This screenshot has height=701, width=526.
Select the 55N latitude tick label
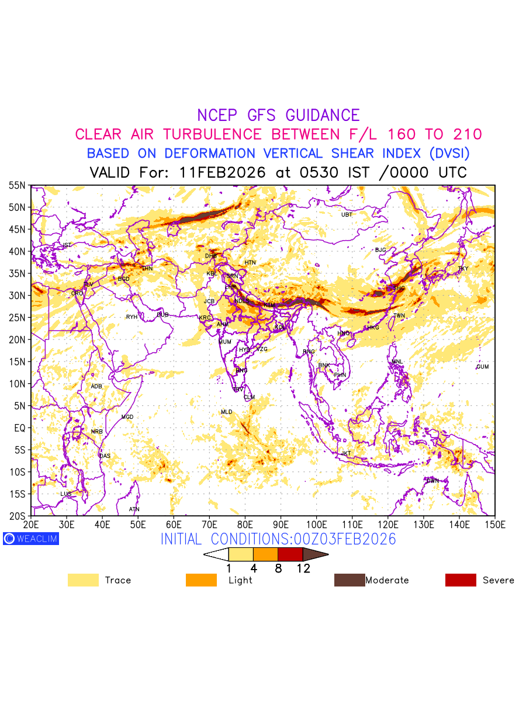[17, 185]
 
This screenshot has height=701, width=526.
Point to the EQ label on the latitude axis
[20, 428]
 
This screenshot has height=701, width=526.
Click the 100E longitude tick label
[317, 524]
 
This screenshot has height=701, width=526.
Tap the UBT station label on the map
[347, 215]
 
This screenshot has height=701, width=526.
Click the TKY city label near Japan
[463, 269]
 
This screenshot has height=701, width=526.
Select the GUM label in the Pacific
[482, 367]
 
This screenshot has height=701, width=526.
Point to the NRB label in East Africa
[96, 432]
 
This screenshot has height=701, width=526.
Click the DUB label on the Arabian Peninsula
[162, 315]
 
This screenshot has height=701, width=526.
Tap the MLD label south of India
[226, 412]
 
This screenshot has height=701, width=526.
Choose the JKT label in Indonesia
[346, 453]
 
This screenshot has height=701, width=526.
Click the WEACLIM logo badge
[31, 539]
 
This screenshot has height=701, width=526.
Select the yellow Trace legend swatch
[83, 580]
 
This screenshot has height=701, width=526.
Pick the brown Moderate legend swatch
[349, 580]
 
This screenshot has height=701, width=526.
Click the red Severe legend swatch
[461, 580]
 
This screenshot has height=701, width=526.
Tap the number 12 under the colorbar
[303, 568]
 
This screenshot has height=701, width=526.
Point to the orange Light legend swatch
[201, 580]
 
